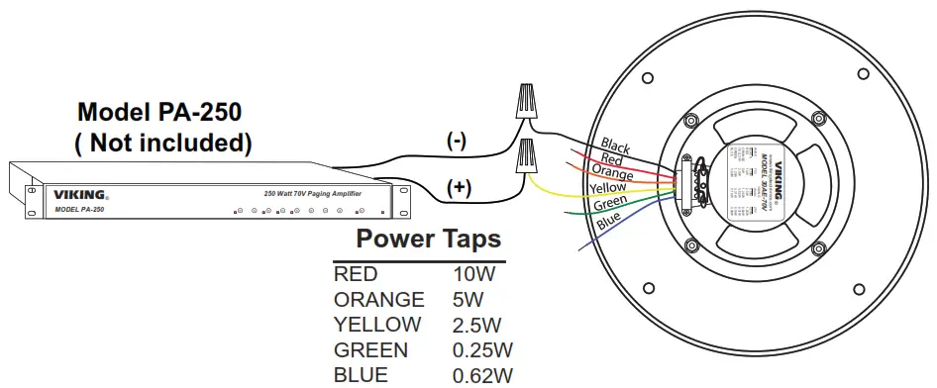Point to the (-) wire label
click(x=457, y=141)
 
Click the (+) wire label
click(x=459, y=186)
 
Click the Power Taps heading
click(x=428, y=239)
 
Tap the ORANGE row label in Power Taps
click(x=378, y=299)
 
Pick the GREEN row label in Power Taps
click(x=370, y=350)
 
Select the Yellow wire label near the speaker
click(x=606, y=186)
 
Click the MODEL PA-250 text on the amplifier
click(x=79, y=210)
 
